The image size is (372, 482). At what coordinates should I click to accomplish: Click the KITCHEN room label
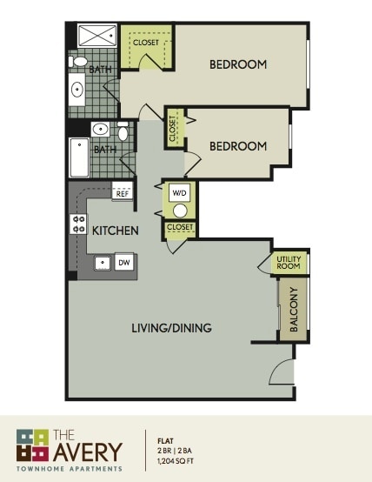[116, 231]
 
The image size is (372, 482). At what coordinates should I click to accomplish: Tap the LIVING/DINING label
[171, 328]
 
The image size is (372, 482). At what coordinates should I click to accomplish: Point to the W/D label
[180, 192]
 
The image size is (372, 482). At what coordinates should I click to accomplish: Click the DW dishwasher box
[123, 262]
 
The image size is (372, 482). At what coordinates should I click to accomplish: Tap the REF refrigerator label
[122, 194]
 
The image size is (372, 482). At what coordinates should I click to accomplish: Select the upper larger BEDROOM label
[238, 64]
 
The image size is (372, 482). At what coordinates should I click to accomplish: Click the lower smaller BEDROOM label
[238, 146]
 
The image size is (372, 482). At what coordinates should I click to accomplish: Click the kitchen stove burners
[77, 224]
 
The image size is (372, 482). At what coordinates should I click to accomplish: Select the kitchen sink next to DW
[103, 262]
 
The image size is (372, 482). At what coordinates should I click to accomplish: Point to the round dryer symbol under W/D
[181, 210]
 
